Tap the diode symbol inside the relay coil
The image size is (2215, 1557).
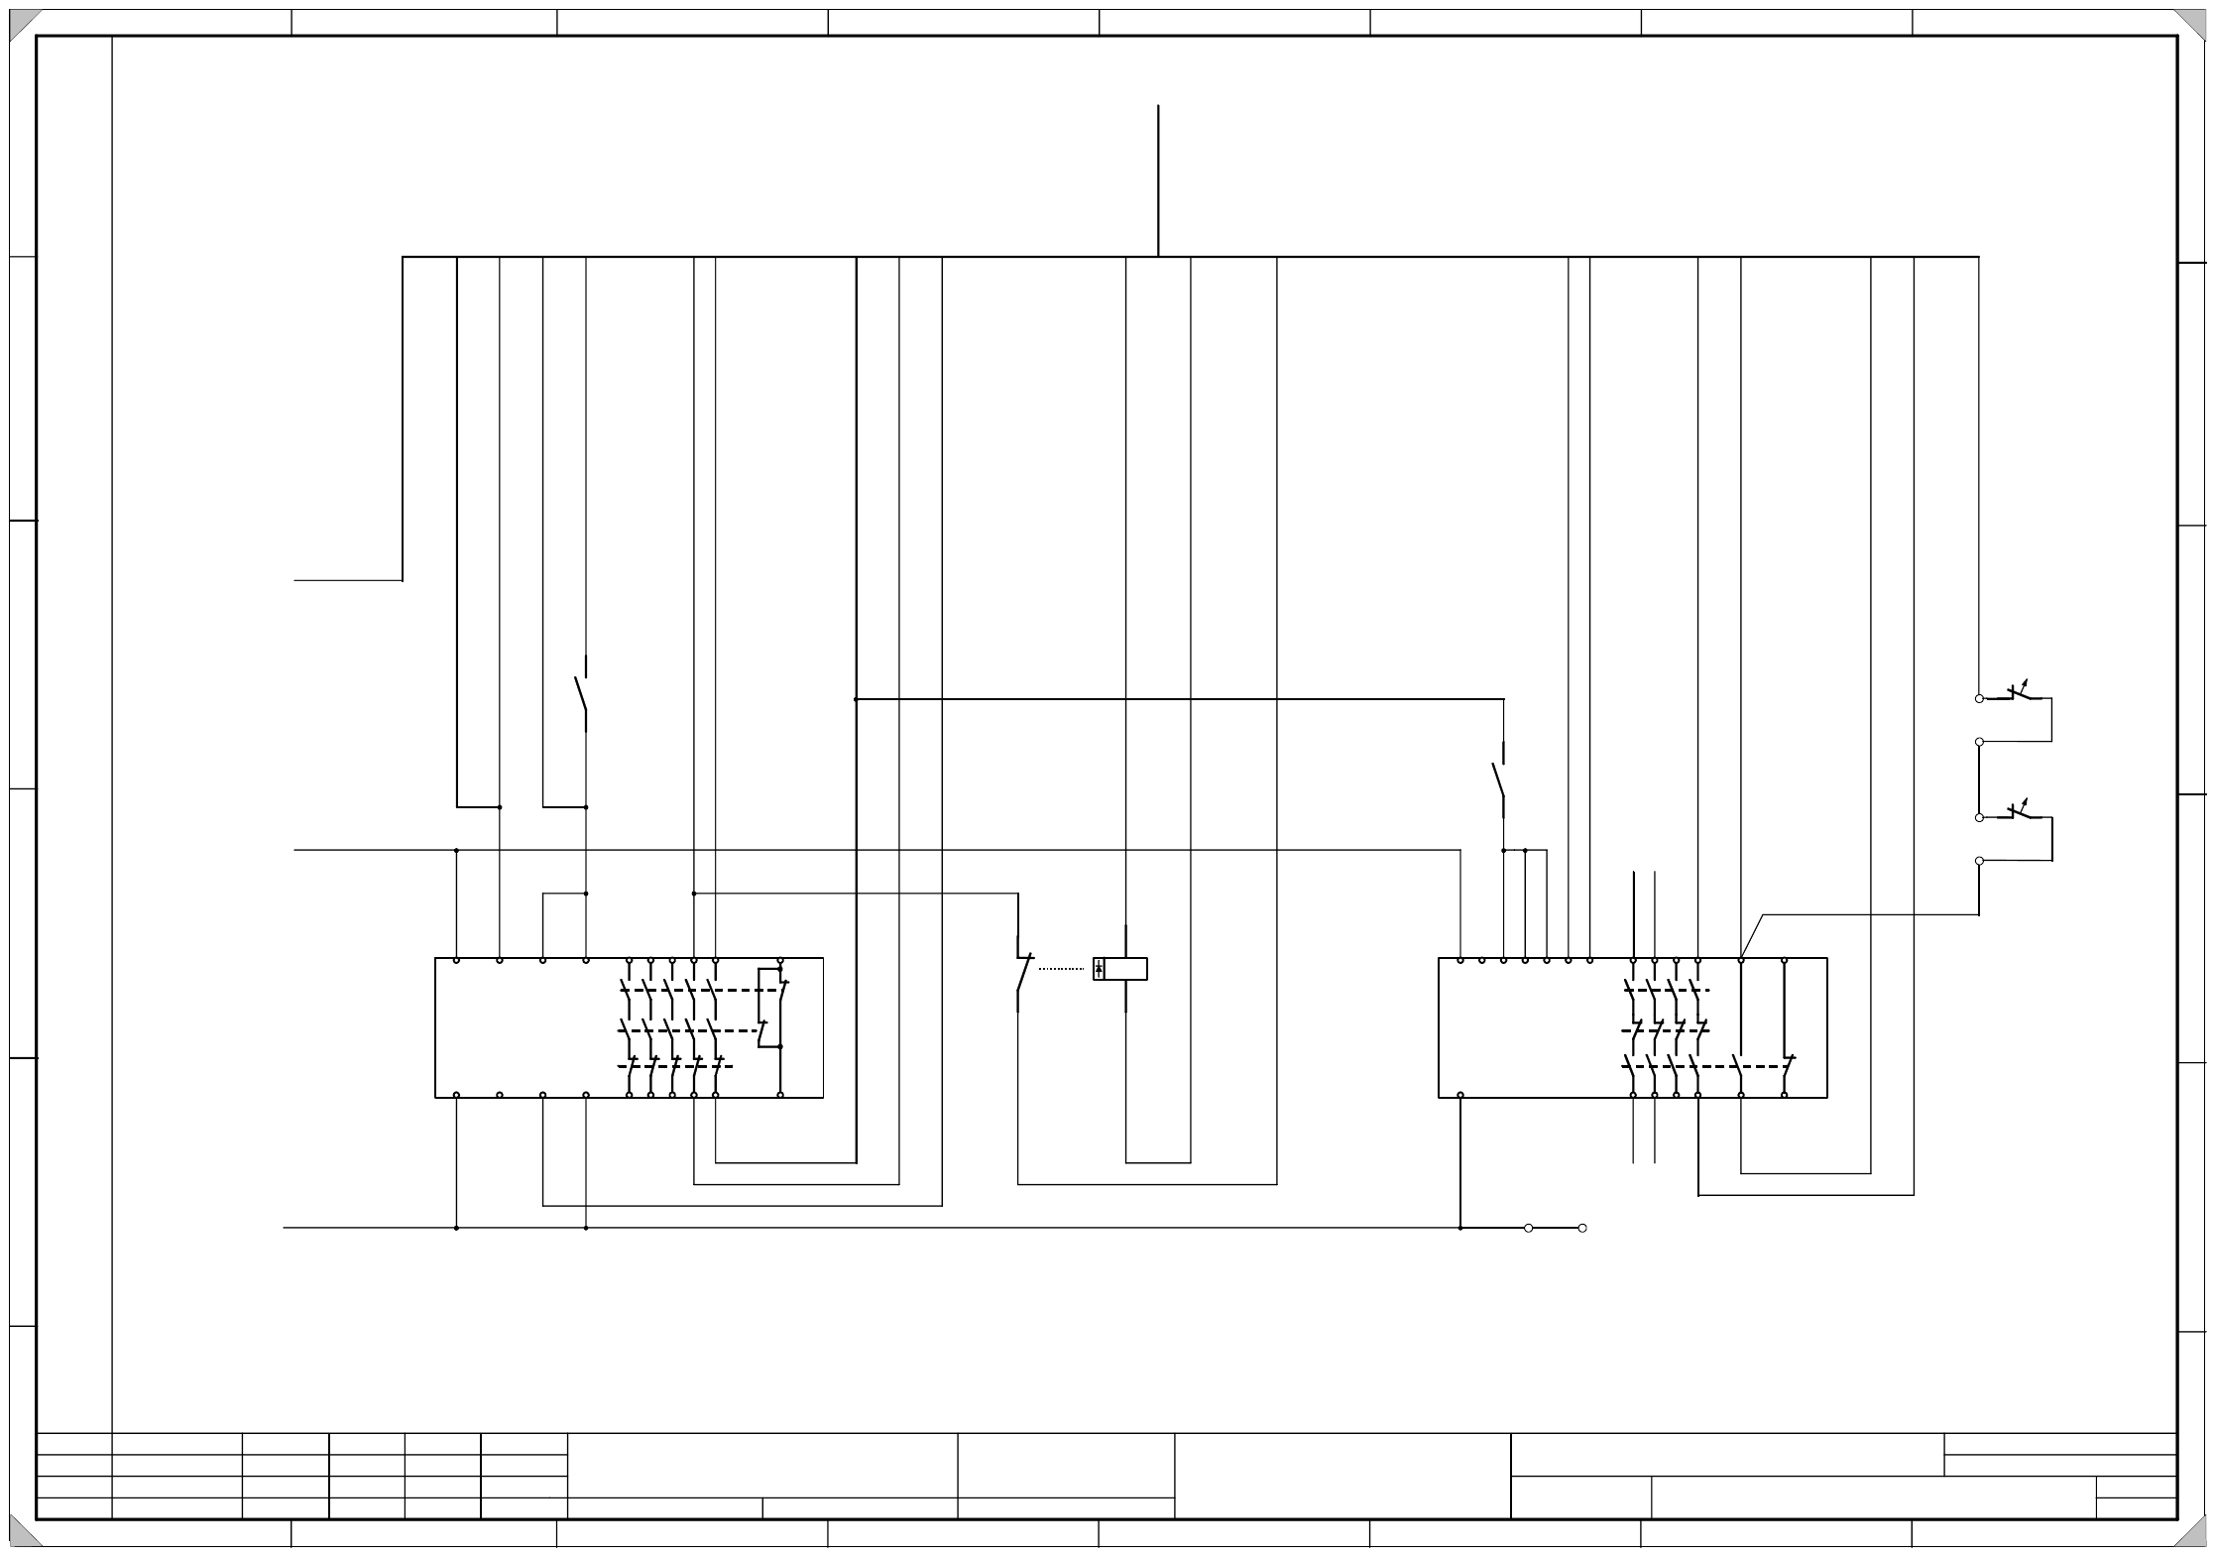(1099, 969)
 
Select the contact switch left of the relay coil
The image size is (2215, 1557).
(1021, 972)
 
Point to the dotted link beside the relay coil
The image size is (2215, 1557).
(1061, 969)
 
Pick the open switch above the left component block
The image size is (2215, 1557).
(582, 694)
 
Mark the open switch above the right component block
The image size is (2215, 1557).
(1499, 780)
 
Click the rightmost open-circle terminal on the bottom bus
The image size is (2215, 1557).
(1582, 1228)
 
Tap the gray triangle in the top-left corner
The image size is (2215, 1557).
(22, 22)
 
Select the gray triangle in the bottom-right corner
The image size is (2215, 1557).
(2191, 1534)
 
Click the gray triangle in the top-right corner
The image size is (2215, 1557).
(2191, 22)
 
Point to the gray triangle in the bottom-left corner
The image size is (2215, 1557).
(22, 1534)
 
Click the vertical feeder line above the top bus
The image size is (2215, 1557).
(1158, 179)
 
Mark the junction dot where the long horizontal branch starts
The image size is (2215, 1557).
(856, 699)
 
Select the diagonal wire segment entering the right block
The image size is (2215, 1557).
(1752, 936)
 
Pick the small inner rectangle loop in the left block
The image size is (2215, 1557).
(769, 995)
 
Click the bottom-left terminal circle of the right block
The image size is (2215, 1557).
(1460, 1095)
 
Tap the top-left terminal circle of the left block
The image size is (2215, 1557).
(456, 960)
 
